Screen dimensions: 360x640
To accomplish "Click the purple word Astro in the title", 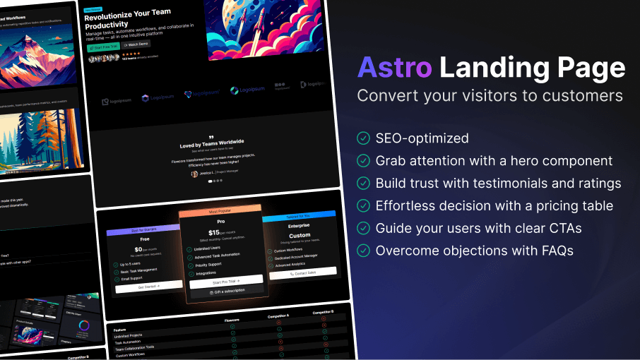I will (x=394, y=68).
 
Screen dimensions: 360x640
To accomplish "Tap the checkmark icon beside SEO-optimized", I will (x=364, y=138).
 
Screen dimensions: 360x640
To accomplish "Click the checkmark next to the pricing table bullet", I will (x=364, y=206).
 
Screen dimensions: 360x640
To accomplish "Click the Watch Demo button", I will (x=136, y=44).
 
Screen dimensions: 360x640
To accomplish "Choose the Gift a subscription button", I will (x=226, y=292).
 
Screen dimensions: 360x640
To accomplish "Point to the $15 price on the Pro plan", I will (x=215, y=232).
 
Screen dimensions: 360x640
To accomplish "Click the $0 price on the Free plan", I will (x=140, y=249).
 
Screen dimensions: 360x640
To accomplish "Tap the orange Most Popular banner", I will (x=220, y=211).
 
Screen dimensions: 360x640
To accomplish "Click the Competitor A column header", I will (x=279, y=316).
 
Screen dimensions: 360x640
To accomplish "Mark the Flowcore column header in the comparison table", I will (x=232, y=320).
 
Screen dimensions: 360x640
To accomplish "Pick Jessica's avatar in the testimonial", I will (x=194, y=174).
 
